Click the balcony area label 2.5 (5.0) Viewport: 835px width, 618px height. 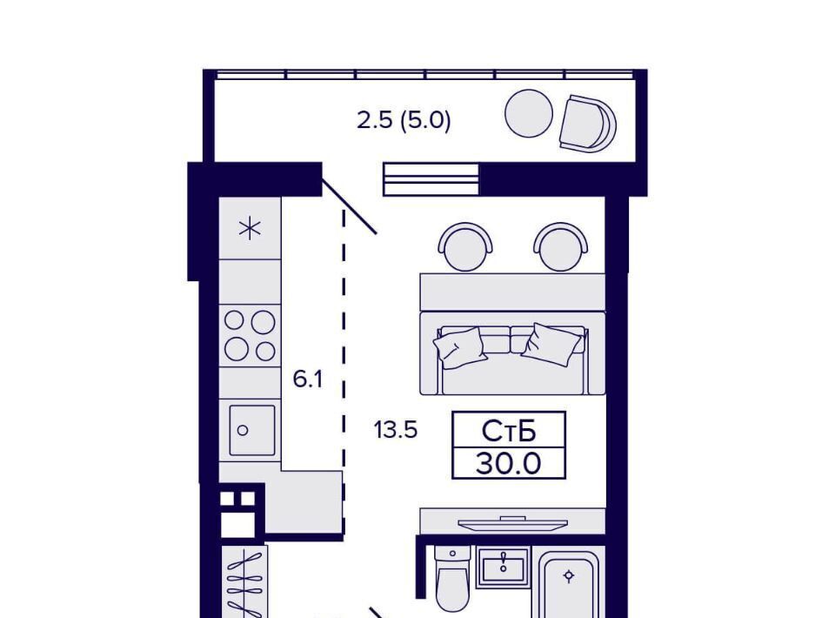coord(404,120)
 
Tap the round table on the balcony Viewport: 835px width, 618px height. coord(529,113)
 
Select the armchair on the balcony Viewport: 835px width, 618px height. coord(587,124)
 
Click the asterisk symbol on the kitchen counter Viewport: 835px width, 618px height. coord(250,229)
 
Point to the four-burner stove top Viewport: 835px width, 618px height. coord(250,336)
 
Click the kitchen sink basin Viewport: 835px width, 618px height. coord(252,430)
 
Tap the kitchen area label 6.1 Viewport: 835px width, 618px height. coord(308,380)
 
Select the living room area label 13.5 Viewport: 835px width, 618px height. coord(395,429)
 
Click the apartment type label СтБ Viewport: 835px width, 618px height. coord(509,431)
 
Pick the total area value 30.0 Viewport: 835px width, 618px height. coord(509,463)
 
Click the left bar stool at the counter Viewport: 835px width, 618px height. coord(464,246)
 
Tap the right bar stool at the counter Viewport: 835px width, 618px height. coord(561,246)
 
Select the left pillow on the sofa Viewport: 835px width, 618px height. coord(460,346)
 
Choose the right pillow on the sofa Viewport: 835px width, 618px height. coord(551,344)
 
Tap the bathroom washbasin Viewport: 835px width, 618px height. coord(504,567)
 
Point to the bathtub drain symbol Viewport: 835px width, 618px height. coord(569,576)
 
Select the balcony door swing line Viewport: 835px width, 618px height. coord(350,206)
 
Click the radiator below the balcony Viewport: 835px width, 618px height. coord(431,179)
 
